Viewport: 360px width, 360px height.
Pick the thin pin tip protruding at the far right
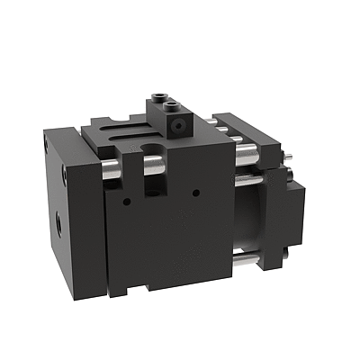(294, 161)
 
